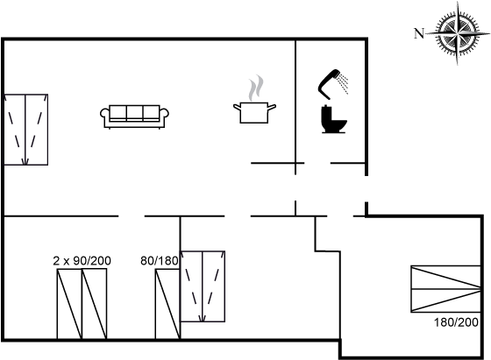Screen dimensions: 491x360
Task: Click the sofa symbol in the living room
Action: tap(135, 116)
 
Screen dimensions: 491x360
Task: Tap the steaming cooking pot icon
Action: tap(254, 100)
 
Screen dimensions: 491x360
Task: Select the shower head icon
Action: tap(333, 81)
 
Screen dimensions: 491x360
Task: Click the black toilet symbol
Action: tap(333, 119)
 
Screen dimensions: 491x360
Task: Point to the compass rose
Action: tap(458, 32)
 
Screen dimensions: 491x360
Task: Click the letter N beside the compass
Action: tap(419, 33)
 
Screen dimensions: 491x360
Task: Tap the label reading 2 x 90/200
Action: tap(82, 260)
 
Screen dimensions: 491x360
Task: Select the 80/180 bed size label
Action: tap(160, 260)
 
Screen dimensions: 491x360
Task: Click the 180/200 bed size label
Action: tap(456, 321)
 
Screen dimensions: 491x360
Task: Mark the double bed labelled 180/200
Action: tap(445, 289)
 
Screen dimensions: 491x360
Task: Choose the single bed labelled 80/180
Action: tap(167, 304)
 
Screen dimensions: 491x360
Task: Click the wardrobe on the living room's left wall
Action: tap(25, 130)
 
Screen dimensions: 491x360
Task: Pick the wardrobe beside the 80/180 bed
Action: tap(203, 286)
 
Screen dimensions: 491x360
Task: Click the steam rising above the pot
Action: tap(256, 88)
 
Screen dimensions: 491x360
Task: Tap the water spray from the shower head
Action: tap(344, 83)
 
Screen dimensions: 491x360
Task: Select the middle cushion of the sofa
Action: tap(135, 113)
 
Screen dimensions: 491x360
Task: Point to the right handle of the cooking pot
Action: tap(272, 107)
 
